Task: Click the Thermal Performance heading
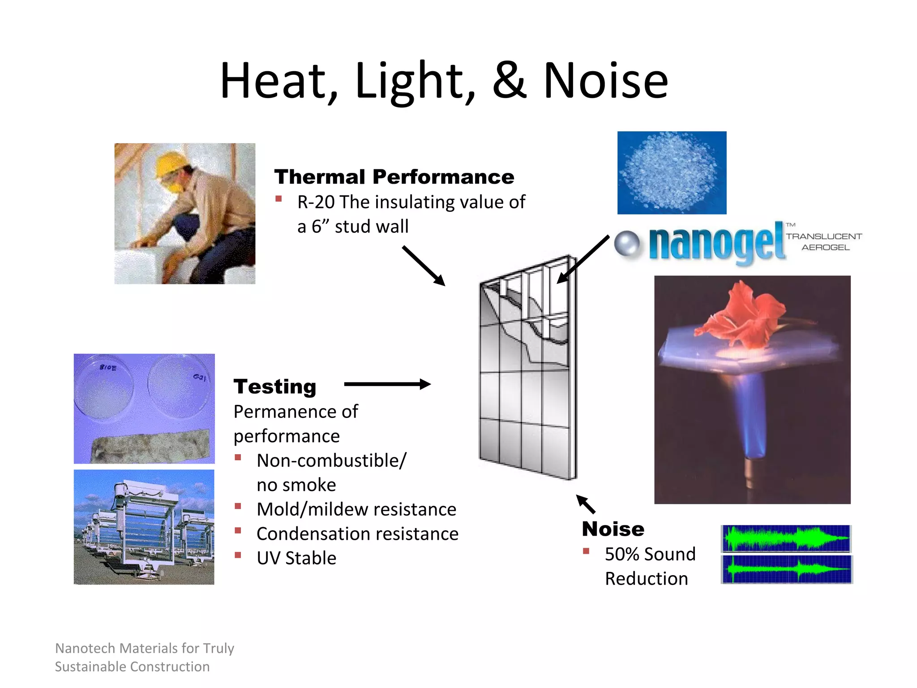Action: click(x=394, y=177)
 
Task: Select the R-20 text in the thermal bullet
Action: click(x=316, y=202)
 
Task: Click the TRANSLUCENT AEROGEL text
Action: click(x=824, y=242)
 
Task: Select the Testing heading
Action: click(x=274, y=387)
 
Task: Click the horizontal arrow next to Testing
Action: click(x=387, y=384)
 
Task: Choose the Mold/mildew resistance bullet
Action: click(x=356, y=510)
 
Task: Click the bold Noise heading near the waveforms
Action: click(x=613, y=529)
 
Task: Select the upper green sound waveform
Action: click(x=786, y=538)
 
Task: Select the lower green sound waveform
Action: click(x=786, y=569)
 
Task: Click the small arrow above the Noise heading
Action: click(x=586, y=504)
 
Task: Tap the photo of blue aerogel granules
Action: click(x=672, y=172)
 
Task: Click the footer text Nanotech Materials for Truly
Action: click(x=145, y=648)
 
